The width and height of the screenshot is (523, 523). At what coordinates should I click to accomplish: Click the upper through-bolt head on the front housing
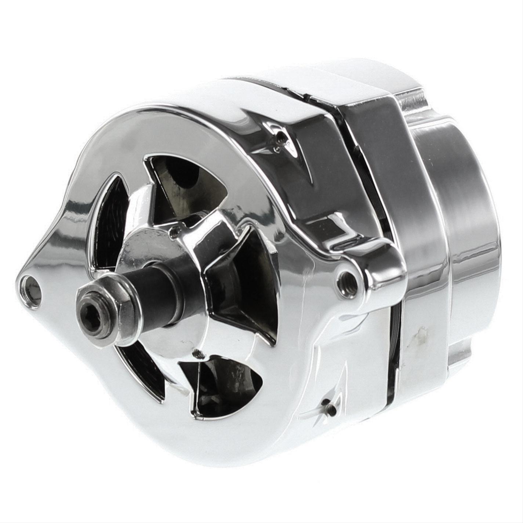(x=280, y=139)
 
